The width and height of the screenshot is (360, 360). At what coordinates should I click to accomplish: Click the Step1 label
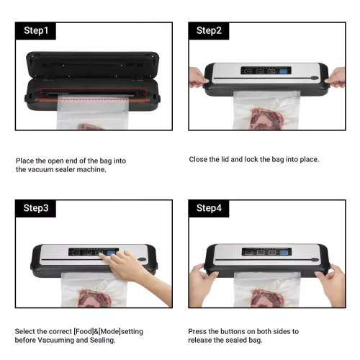coord(37,31)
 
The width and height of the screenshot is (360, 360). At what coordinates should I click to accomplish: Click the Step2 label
coord(209,31)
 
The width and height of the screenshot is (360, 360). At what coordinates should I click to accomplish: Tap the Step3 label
coord(37,209)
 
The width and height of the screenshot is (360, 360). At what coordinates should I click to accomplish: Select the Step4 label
coord(210,209)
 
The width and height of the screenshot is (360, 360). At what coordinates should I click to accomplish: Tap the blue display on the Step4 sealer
coord(284,253)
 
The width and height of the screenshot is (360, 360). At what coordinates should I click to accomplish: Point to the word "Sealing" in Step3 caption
coord(104,341)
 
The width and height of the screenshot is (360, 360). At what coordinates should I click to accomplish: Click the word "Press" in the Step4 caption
coord(198,331)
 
